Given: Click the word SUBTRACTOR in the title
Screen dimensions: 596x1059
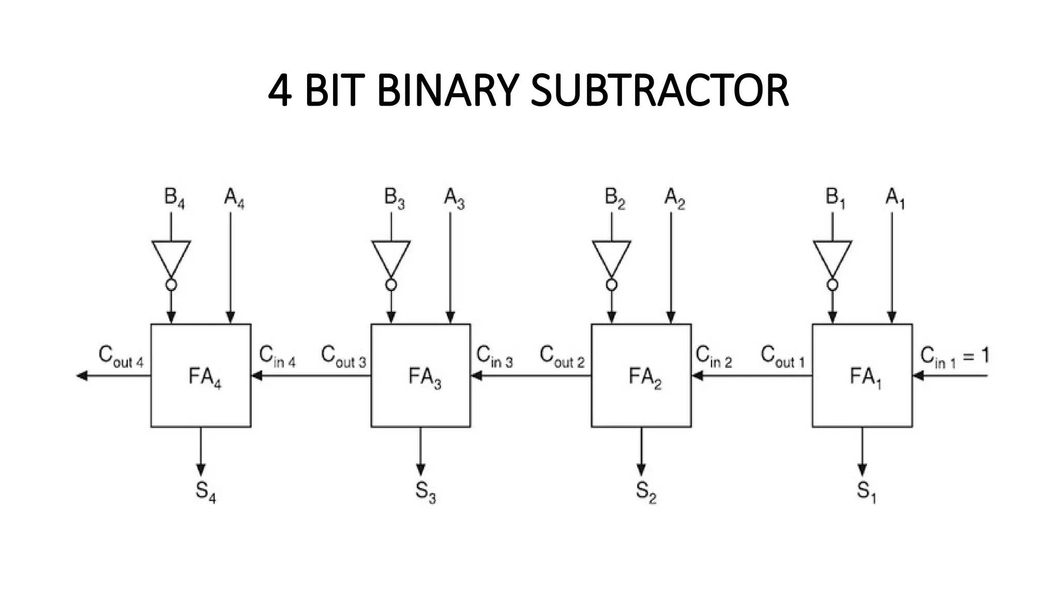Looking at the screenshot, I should (660, 91).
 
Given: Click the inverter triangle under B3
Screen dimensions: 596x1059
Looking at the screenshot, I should (391, 257).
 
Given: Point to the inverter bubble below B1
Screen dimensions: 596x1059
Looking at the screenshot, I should (832, 285).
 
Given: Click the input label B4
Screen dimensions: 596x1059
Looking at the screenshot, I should (174, 198).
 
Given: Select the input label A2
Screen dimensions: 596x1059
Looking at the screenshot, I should (674, 198).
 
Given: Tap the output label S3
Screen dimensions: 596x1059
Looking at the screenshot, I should (425, 491).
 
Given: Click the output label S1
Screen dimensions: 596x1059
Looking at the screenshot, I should (866, 491).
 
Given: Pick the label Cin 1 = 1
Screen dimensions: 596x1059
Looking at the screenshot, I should (954, 357).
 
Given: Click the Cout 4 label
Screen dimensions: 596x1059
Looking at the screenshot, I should (121, 357).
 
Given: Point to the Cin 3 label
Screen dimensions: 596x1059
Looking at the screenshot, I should (494, 357).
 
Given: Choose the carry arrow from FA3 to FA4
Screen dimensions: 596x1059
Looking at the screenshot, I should (310, 376).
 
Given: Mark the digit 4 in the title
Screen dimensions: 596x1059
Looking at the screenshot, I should (280, 91).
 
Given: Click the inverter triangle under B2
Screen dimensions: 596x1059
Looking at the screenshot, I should (611, 257).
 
